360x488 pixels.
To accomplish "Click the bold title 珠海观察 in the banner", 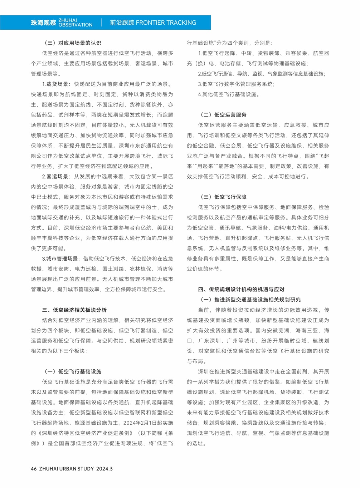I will click(x=43, y=23).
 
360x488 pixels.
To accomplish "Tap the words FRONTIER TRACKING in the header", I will click(x=166, y=23).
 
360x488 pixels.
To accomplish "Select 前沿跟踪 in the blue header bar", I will click(x=122, y=23).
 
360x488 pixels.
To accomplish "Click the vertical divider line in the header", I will click(x=101, y=23).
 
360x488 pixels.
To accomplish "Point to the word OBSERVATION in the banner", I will click(x=76, y=25).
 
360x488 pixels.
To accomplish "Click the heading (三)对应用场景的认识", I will click(x=73, y=43).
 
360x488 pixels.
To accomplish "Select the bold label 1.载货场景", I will click(x=55, y=84).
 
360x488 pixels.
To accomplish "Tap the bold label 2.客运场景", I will click(x=55, y=177).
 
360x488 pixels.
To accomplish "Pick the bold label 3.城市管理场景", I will click(x=60, y=259).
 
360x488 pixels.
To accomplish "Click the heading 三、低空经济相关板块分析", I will click(x=74, y=310).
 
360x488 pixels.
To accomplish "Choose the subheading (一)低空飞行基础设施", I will click(x=73, y=372).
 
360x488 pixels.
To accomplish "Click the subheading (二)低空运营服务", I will click(x=223, y=115).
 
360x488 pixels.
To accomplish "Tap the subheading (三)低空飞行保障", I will click(x=223, y=197).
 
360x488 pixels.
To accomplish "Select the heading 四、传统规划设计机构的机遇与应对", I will click(x=241, y=290).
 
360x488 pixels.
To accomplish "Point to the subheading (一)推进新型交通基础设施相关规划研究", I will click(x=250, y=300).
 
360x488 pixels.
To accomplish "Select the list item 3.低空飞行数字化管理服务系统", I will click(x=236, y=84).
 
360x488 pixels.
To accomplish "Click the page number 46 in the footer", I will click(x=34, y=469).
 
